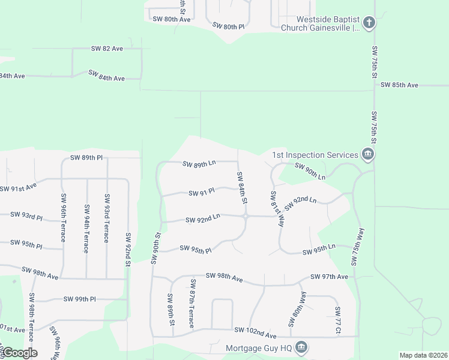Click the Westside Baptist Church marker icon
pos(369,23)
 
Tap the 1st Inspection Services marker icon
pos(368,155)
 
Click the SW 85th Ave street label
pos(399,85)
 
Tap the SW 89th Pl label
pos(86,158)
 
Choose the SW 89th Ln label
pos(199,164)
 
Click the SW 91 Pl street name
pos(202,193)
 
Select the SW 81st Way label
pos(276,208)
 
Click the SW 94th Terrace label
pos(86,229)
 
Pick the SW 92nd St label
pos(128,249)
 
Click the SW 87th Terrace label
pos(192,303)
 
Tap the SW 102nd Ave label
pos(255,329)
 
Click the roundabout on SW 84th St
pos(246,217)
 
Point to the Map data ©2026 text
pos(423,355)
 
